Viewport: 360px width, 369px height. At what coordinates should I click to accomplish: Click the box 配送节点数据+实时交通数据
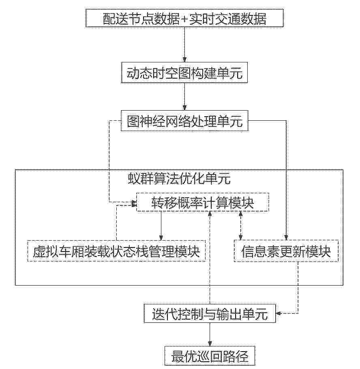[x=184, y=18]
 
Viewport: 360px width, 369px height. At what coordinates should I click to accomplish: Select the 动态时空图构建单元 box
[x=184, y=73]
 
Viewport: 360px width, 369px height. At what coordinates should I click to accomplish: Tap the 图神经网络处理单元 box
[x=184, y=121]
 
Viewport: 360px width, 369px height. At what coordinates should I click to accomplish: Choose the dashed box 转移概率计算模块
[x=203, y=202]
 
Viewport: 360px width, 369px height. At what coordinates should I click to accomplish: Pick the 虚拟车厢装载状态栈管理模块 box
[x=116, y=251]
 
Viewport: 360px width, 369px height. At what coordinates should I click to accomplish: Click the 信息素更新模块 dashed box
[x=286, y=251]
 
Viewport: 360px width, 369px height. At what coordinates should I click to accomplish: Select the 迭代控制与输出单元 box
[x=210, y=314]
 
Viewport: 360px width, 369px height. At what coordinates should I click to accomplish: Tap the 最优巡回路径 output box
[x=210, y=356]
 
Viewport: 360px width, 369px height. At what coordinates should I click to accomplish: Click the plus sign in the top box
[x=184, y=19]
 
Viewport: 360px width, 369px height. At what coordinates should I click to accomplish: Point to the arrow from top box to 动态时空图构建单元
[x=184, y=45]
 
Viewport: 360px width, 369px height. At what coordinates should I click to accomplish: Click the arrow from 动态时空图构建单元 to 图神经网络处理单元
[x=184, y=97]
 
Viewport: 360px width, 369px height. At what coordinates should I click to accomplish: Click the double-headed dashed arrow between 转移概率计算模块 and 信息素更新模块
[x=240, y=226]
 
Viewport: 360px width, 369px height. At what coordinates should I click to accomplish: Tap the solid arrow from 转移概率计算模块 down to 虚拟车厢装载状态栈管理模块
[x=161, y=226]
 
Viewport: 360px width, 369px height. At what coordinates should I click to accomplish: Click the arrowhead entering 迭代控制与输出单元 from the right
[x=278, y=314]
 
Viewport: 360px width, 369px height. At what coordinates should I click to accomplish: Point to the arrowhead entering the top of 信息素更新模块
[x=286, y=237]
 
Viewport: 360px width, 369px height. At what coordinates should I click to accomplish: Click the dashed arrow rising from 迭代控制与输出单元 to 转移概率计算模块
[x=210, y=258]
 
